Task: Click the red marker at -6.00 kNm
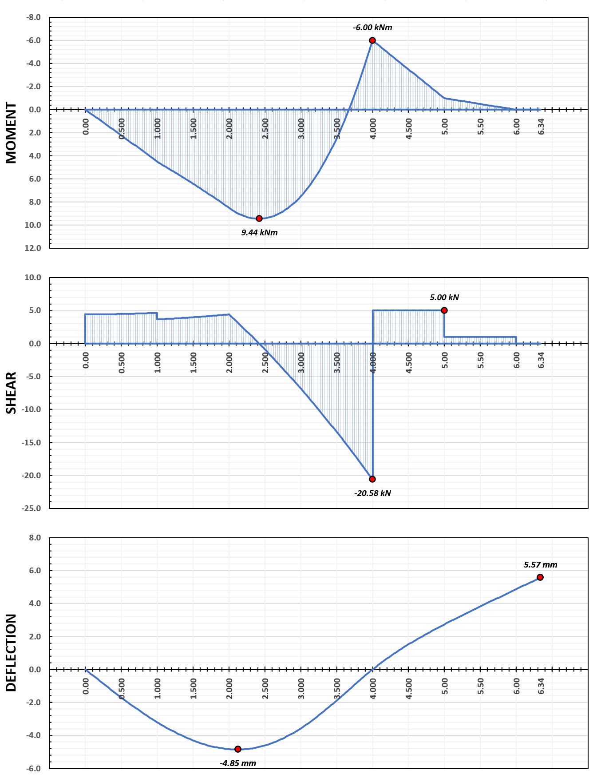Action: [372, 40]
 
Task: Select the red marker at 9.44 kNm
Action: [259, 218]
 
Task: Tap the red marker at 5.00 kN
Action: [444, 310]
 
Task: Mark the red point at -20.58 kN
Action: [372, 479]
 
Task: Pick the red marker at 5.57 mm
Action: [540, 577]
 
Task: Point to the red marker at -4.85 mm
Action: [238, 749]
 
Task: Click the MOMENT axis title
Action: [11, 133]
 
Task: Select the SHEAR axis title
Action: [11, 393]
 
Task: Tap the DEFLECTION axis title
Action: [11, 653]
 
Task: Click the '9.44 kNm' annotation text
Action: [259, 233]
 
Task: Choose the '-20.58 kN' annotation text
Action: [372, 493]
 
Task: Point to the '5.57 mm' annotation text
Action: [540, 565]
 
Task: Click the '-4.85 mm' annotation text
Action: [238, 763]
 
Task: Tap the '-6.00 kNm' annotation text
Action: [372, 28]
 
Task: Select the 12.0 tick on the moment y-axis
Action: [34, 248]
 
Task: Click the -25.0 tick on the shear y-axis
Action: [32, 508]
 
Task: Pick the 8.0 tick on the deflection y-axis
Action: [35, 538]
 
